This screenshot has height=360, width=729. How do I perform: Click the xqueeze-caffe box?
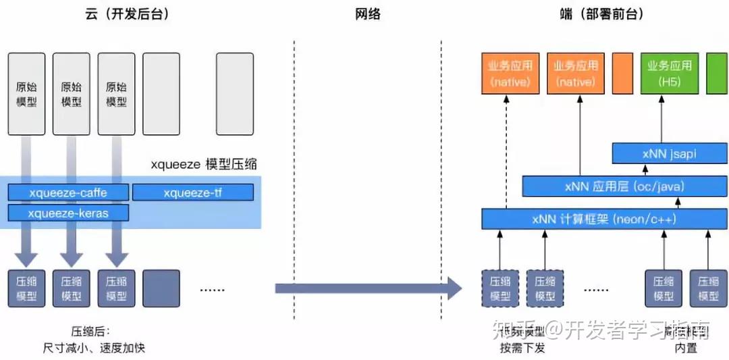click(68, 192)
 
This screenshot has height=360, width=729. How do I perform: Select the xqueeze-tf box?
click(192, 192)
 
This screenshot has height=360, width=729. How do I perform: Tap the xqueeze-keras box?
click(68, 213)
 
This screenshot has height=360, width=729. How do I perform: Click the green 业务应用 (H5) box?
click(669, 74)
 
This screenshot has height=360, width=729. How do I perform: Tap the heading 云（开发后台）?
click(126, 14)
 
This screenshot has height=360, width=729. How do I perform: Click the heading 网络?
click(368, 14)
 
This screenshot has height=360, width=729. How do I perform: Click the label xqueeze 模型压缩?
click(204, 164)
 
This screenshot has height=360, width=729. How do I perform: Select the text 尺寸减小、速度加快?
click(94, 348)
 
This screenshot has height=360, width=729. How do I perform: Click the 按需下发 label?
click(522, 348)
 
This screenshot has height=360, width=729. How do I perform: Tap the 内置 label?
click(686, 348)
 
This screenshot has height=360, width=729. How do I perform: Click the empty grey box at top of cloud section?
click(235, 94)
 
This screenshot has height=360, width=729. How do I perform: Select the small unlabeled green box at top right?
click(716, 74)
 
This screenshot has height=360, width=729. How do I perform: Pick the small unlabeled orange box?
click(622, 74)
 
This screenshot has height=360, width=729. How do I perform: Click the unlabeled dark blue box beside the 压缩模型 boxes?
click(161, 288)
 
